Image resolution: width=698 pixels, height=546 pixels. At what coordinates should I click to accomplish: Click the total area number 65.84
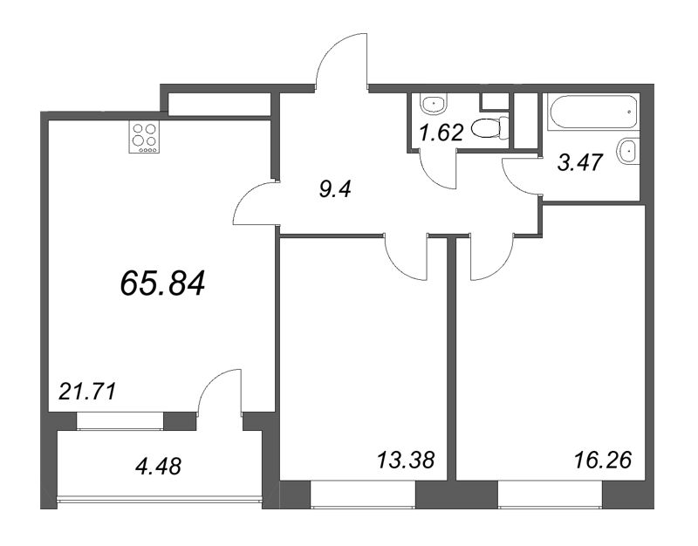pos(162,283)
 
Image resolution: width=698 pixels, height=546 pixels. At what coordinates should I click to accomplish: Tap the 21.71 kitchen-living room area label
pos(87,392)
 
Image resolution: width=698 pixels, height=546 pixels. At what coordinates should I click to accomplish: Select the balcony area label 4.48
pos(159,467)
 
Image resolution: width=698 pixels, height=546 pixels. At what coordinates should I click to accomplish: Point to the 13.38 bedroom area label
pos(405,461)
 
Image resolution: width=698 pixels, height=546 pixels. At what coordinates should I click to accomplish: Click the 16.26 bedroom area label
pos(603,461)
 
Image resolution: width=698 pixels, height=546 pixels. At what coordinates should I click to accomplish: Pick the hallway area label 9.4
pos(335,189)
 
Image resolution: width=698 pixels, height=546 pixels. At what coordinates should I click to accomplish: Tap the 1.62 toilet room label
pos(442,133)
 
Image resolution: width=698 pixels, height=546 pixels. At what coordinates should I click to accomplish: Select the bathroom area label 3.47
pos(579,162)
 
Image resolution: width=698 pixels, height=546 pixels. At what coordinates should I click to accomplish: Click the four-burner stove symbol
pos(144,138)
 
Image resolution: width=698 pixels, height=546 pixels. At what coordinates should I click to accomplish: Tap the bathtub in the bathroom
pos(593,112)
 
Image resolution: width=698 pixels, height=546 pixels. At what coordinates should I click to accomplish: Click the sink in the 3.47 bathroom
pos(628,151)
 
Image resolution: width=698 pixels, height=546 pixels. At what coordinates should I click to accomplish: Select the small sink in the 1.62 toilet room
pos(433,104)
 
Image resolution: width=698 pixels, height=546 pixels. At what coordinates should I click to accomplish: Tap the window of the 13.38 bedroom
pos(363,494)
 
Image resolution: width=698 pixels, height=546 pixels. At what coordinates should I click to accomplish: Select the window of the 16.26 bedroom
pos(550,494)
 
